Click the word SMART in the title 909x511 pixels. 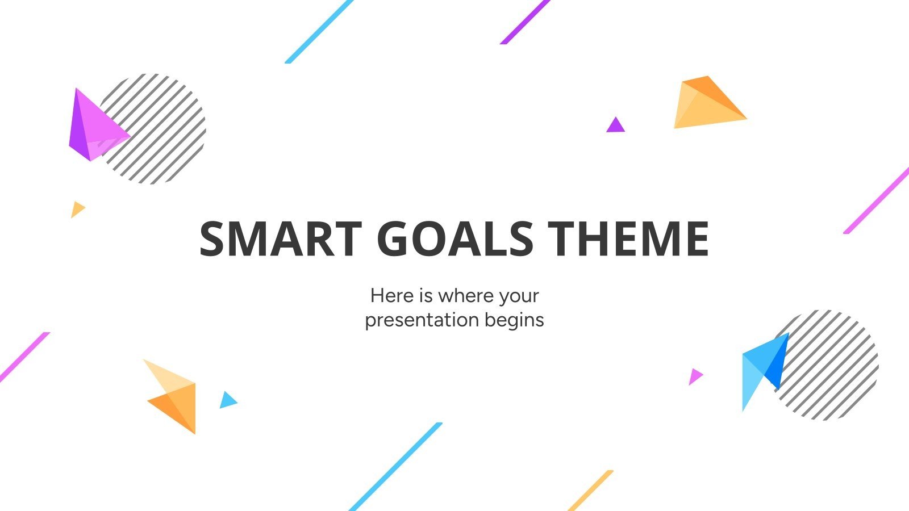click(280, 238)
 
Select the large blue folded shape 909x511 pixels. click(762, 368)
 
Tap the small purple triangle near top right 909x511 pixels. click(615, 125)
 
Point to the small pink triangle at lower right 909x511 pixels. click(694, 376)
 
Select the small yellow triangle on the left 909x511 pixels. click(77, 210)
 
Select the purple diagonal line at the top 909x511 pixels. click(524, 22)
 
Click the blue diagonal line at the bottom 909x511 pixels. click(395, 467)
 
